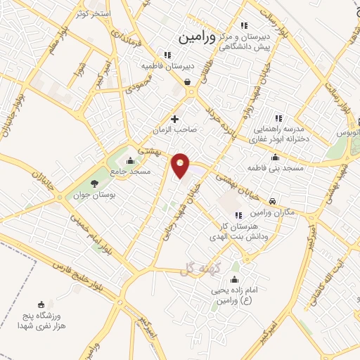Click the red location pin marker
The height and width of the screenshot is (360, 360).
181,165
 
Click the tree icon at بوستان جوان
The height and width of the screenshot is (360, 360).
95,184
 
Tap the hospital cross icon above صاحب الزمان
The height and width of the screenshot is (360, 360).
175,120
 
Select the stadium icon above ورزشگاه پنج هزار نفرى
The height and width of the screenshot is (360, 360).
40,304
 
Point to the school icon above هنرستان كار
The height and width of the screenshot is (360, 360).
238,214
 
